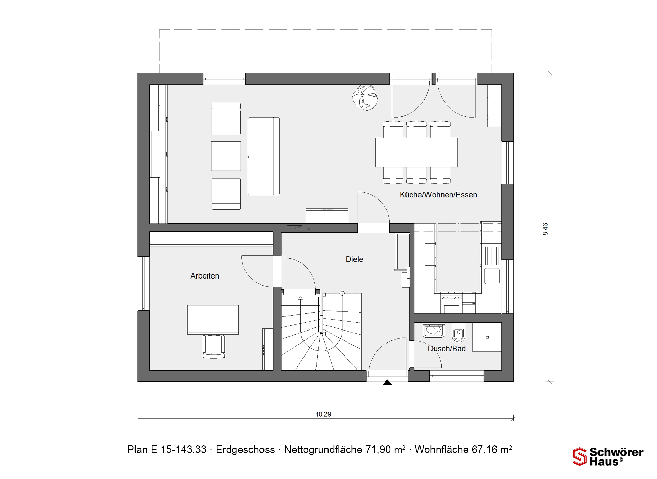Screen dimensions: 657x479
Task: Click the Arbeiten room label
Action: [x=205, y=276]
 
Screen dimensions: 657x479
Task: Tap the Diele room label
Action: [x=354, y=259]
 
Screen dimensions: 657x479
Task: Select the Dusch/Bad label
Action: [x=447, y=349]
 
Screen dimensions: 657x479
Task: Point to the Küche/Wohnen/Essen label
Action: [x=438, y=195]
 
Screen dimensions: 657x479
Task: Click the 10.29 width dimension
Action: [x=323, y=414]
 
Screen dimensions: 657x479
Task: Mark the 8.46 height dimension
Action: [x=545, y=229]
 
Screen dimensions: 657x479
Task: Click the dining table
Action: [x=416, y=152]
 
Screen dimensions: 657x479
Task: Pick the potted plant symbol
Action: [x=365, y=98]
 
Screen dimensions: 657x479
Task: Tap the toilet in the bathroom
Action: [x=459, y=332]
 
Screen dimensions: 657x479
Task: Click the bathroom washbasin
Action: [x=434, y=330]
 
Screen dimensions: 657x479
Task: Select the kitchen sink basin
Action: [x=492, y=276]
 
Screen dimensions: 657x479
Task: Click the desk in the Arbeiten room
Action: [x=213, y=320]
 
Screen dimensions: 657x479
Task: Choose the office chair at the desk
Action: [x=214, y=346]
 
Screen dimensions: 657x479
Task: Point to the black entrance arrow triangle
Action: [x=387, y=382]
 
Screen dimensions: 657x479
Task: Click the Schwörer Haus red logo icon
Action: [x=579, y=456]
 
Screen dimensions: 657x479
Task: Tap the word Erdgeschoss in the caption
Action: [x=245, y=450]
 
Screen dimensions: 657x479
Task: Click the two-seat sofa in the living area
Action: [x=263, y=156]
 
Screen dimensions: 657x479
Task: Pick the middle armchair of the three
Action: [x=226, y=156]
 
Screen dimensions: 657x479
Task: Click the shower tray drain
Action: [x=487, y=337]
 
